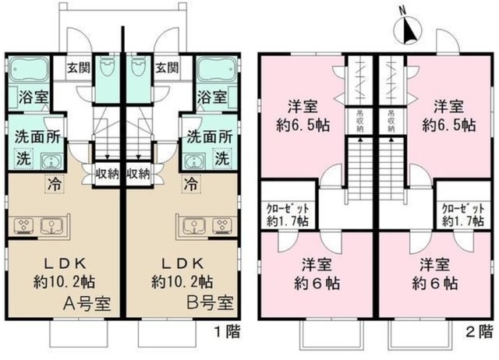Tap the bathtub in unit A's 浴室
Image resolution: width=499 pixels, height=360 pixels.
(30, 71)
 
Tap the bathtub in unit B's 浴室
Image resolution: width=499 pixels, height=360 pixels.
(214, 71)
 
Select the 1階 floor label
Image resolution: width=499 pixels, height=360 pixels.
(228, 331)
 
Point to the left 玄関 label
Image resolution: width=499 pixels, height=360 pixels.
(78, 67)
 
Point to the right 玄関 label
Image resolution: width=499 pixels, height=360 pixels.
(168, 67)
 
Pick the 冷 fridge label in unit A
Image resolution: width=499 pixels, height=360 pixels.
(55, 186)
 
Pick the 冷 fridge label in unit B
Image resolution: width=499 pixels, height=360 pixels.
(190, 186)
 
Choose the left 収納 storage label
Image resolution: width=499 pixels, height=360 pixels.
(107, 173)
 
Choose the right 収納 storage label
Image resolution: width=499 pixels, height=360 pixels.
(138, 173)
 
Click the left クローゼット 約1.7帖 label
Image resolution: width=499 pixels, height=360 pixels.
(286, 214)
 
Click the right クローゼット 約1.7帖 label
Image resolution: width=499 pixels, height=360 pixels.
(462, 214)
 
